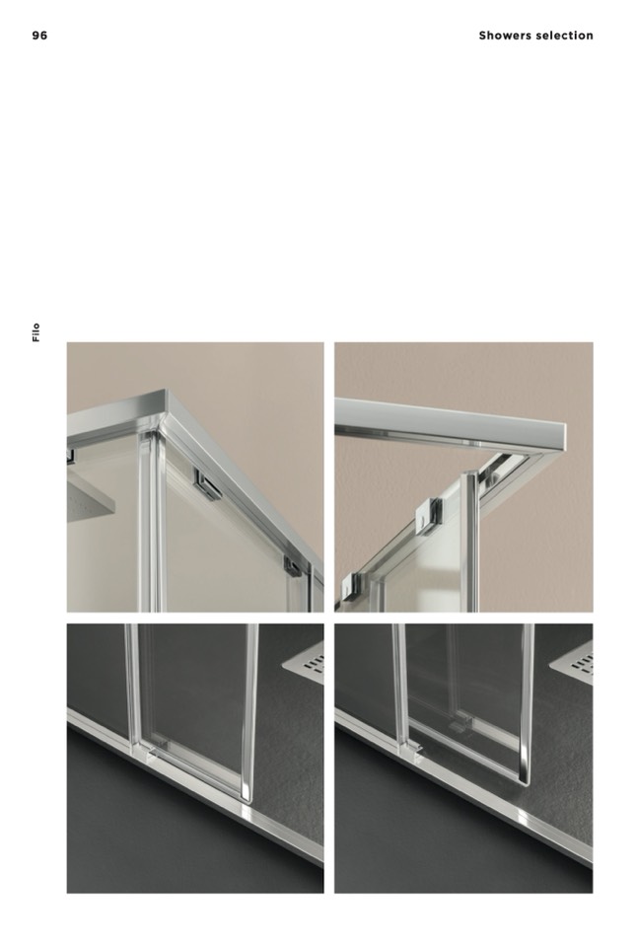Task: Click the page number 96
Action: (x=39, y=36)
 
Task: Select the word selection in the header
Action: (x=565, y=36)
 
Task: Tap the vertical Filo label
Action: (x=36, y=332)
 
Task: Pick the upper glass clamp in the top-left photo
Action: (x=207, y=484)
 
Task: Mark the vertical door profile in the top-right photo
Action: (x=470, y=542)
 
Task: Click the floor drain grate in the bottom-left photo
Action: (x=304, y=663)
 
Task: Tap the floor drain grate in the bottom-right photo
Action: (x=572, y=664)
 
